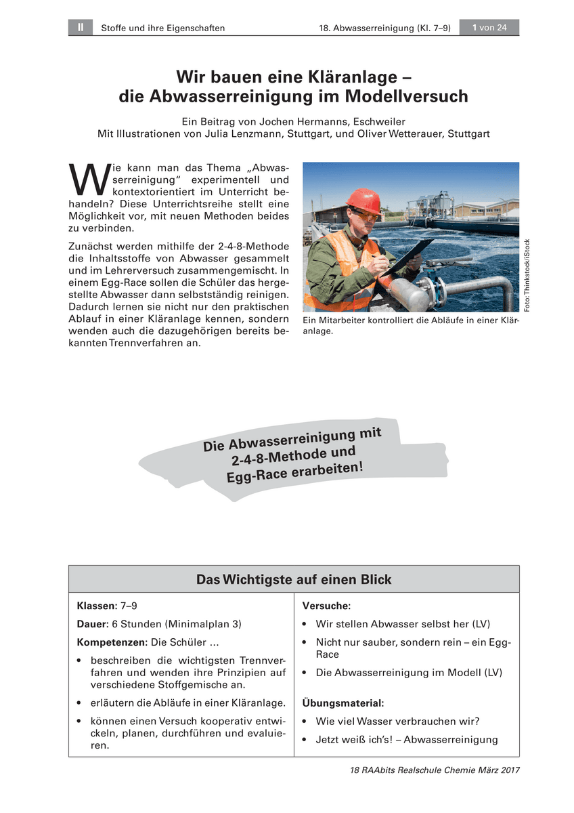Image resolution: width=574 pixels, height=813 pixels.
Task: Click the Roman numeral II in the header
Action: click(80, 28)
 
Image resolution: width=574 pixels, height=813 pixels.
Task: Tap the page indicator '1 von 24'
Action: click(489, 28)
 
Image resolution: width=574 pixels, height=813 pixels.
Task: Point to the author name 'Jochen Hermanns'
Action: click(284, 122)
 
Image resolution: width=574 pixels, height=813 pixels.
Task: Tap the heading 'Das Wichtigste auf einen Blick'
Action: click(294, 579)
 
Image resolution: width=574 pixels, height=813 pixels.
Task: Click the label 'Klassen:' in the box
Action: click(97, 606)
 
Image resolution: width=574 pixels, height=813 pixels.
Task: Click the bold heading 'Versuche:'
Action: click(326, 606)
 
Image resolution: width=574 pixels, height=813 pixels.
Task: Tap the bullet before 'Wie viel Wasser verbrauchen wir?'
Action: click(307, 722)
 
